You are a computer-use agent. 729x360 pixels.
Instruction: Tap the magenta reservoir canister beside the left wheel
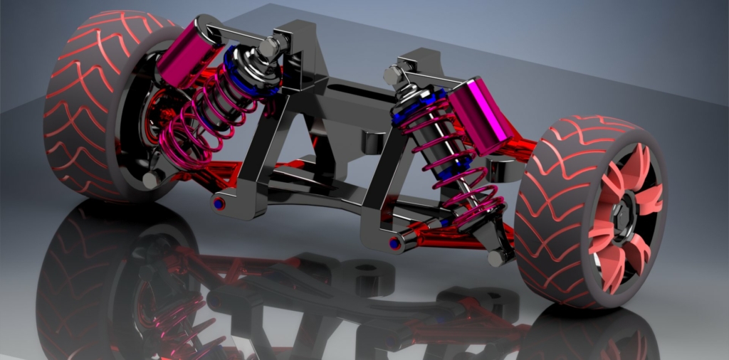(190, 53)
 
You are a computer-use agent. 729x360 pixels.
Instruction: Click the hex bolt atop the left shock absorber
(269, 48)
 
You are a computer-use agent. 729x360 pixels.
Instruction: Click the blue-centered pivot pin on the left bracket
(219, 204)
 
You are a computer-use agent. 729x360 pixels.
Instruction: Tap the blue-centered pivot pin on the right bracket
(394, 243)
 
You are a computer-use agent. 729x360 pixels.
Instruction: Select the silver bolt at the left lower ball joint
(150, 181)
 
